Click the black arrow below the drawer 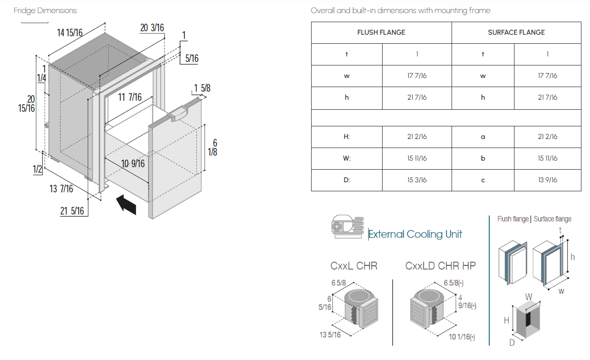point(126,204)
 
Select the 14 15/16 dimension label point(69,33)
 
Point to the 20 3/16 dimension point(152,28)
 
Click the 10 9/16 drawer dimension point(133,164)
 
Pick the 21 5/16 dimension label point(72,211)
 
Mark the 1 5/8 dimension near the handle point(202,89)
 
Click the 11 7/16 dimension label point(130,98)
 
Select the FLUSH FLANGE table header point(381,32)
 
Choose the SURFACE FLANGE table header point(517,32)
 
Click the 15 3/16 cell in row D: point(417,180)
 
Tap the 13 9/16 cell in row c point(548,180)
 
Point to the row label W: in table point(346,159)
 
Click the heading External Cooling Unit point(415,234)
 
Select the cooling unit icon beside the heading point(348,227)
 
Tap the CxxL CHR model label point(354,266)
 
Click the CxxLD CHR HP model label point(440,266)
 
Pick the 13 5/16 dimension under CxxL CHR point(330,334)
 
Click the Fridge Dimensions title point(45,11)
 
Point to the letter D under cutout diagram point(512,342)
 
